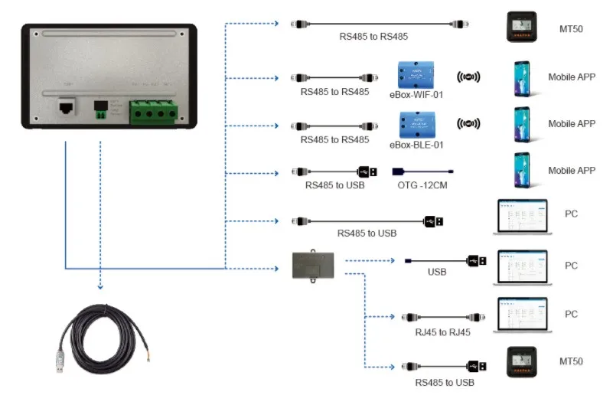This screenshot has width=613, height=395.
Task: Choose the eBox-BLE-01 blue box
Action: pyautogui.click(x=416, y=124)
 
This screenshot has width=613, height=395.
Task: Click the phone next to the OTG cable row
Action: pyautogui.click(x=522, y=169)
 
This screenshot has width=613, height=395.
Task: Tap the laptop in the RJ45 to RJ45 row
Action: pyautogui.click(x=523, y=313)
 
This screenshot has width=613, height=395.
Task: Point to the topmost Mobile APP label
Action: pyautogui.click(x=571, y=77)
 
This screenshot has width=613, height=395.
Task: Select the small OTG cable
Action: pyautogui.click(x=422, y=172)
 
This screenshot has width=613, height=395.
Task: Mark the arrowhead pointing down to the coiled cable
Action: pyautogui.click(x=100, y=288)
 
